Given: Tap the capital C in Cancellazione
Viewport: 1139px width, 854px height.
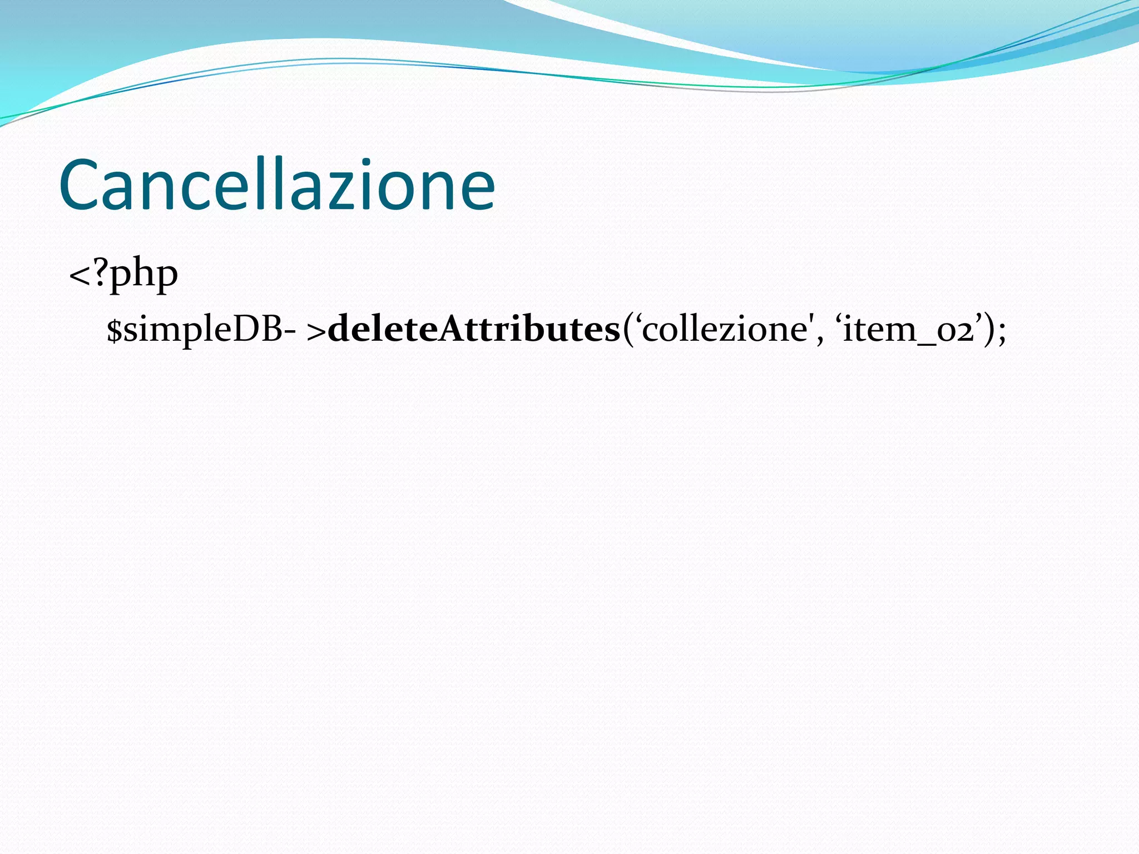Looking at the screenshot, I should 78,186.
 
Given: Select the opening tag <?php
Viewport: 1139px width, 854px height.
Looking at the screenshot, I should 123,274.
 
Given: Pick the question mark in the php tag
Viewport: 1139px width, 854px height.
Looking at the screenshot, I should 101,271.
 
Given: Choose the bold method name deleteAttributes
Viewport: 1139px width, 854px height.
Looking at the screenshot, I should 474,329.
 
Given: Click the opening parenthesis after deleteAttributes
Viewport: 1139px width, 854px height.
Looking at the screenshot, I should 628,330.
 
